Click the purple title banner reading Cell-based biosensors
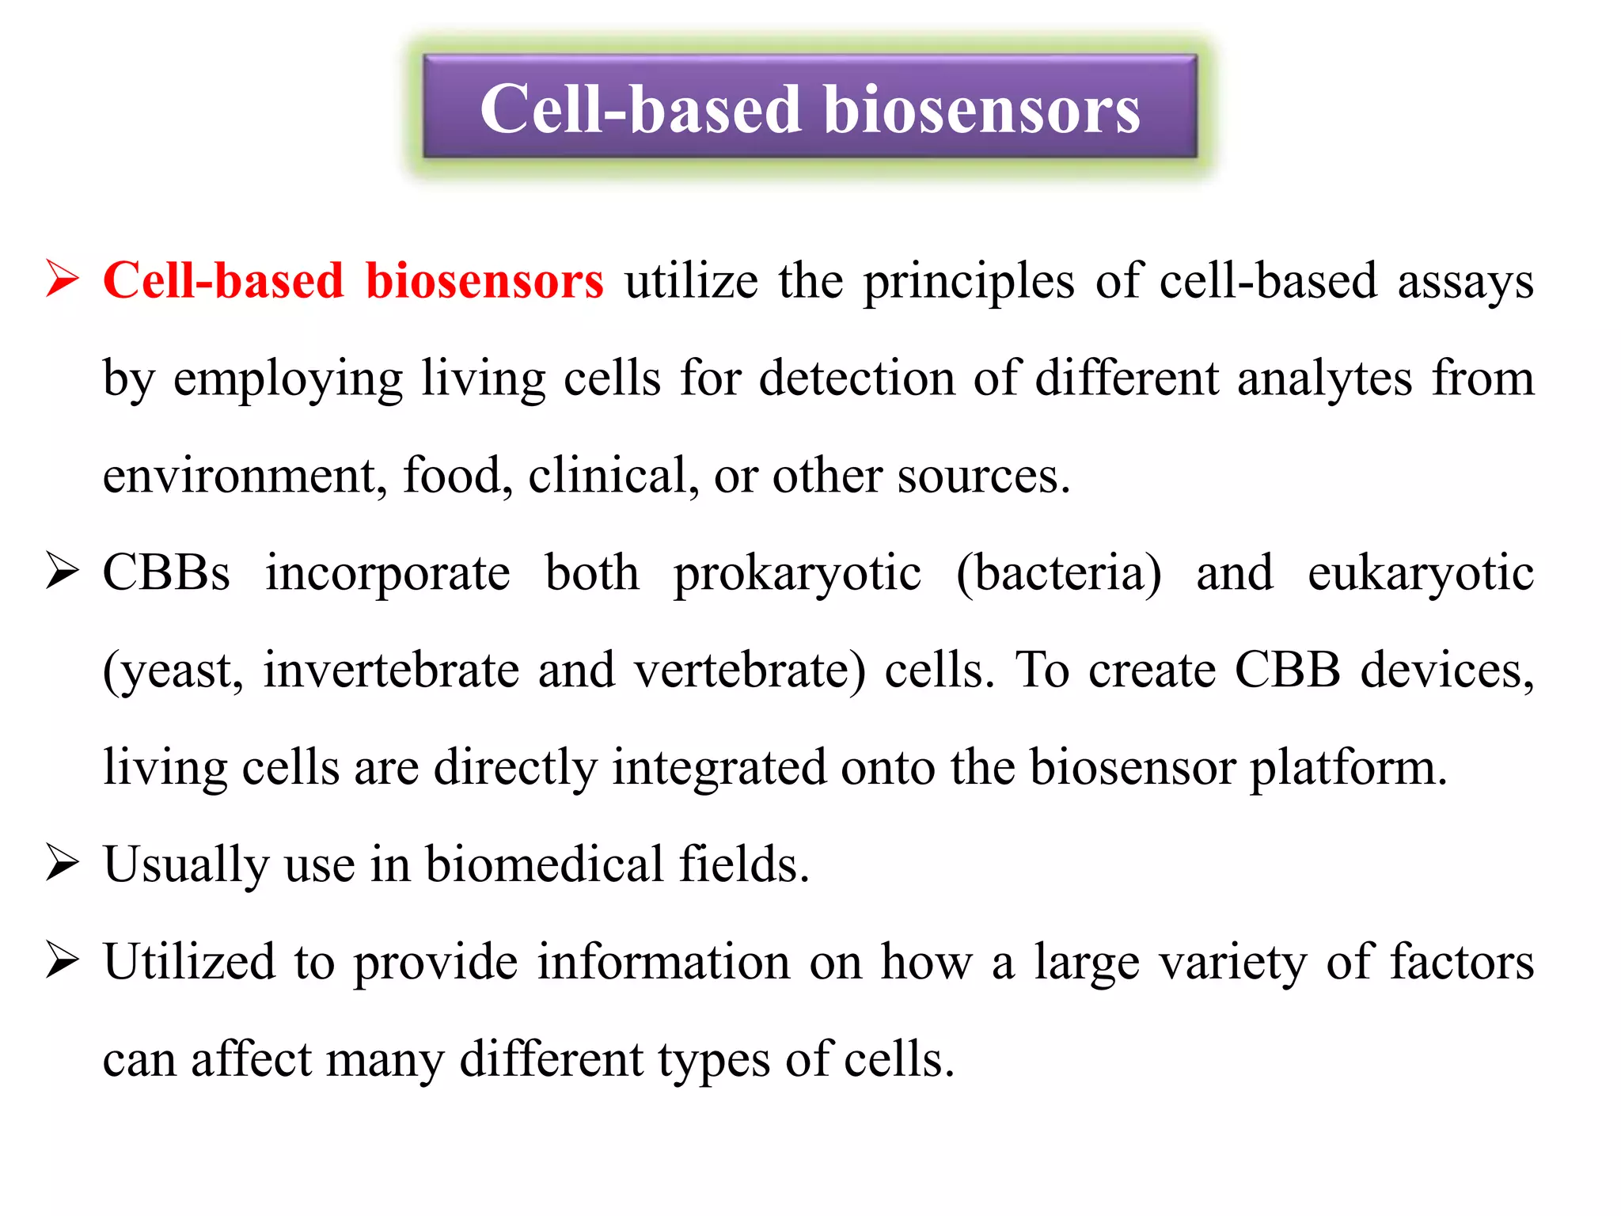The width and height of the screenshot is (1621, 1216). [810, 107]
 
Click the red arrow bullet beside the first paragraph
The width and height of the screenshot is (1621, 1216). [63, 279]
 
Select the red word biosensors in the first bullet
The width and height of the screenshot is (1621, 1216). [484, 281]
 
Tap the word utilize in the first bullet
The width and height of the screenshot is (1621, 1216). [691, 281]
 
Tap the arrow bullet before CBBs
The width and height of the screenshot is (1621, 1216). [63, 572]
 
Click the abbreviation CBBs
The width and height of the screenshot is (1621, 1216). [166, 573]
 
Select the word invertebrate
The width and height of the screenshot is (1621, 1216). [391, 671]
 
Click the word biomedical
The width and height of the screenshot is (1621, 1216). [545, 864]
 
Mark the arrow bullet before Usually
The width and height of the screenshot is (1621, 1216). [63, 863]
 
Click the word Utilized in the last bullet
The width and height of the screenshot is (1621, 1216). [189, 962]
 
